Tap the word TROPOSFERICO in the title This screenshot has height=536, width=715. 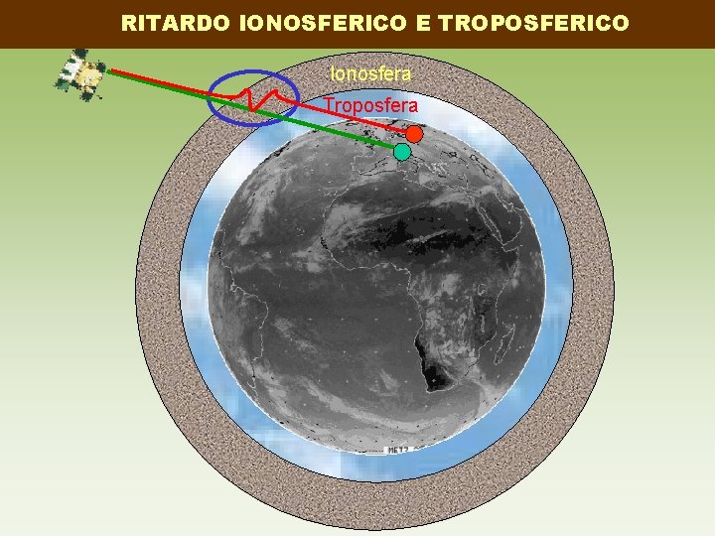pos(532,23)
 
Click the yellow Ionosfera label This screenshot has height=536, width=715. pos(370,73)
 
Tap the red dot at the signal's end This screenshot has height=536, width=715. pos(415,134)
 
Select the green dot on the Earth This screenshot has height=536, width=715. pos(401,152)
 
